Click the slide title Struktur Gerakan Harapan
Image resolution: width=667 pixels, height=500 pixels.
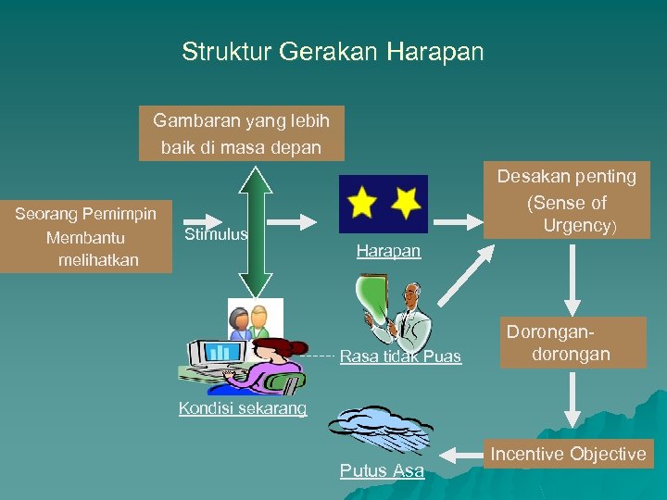(333, 52)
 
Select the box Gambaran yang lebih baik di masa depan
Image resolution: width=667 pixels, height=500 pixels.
(241, 133)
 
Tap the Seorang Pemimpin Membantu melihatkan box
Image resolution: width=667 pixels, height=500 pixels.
(86, 236)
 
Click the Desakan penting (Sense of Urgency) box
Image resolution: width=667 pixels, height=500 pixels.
(567, 201)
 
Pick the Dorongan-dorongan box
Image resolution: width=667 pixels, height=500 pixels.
(572, 342)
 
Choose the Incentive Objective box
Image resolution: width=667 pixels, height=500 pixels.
(568, 454)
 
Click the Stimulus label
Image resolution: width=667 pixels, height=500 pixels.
(216, 234)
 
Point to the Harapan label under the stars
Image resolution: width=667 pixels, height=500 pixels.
(388, 252)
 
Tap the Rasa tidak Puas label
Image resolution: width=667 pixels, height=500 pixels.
(400, 356)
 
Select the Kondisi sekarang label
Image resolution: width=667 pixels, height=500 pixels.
(242, 408)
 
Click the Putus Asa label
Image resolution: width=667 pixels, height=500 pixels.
(382, 471)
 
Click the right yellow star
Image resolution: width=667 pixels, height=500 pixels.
(406, 201)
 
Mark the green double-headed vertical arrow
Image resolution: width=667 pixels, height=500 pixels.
(255, 231)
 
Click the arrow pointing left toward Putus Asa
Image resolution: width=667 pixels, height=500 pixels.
(460, 455)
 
